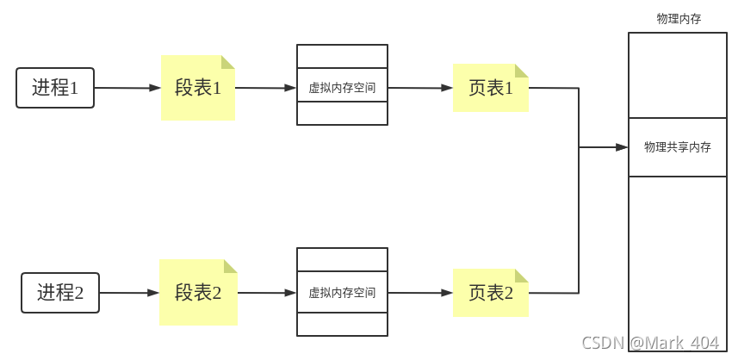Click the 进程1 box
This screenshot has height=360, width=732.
pyautogui.click(x=55, y=88)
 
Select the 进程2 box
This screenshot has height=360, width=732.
pyautogui.click(x=60, y=293)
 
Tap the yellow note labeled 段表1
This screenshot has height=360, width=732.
pyautogui.click(x=198, y=88)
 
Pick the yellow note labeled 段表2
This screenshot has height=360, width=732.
pyautogui.click(x=198, y=293)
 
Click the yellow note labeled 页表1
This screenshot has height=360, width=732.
pyautogui.click(x=490, y=88)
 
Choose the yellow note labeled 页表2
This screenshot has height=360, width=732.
pyautogui.click(x=490, y=293)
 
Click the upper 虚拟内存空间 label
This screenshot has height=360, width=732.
pyautogui.click(x=342, y=88)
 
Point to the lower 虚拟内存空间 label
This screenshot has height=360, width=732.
pyautogui.click(x=342, y=293)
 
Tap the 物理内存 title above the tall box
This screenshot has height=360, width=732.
pyautogui.click(x=678, y=19)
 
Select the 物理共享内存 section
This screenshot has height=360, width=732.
pyautogui.click(x=678, y=147)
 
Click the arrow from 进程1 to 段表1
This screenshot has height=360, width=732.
pyautogui.click(x=127, y=88)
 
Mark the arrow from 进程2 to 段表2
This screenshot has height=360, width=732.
pyautogui.click(x=129, y=293)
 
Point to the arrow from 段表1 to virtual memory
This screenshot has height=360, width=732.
pyautogui.click(x=265, y=88)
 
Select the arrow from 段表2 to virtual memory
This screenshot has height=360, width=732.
pyautogui.click(x=267, y=293)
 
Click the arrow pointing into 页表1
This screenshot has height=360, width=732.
pyautogui.click(x=420, y=88)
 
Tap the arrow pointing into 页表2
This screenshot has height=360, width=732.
pyautogui.click(x=420, y=293)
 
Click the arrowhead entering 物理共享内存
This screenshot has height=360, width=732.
pyautogui.click(x=622, y=147)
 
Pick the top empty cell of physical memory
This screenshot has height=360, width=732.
pyautogui.click(x=678, y=75)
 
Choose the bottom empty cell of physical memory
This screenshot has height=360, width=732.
pyautogui.click(x=678, y=258)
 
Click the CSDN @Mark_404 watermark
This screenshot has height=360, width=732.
pyautogui.click(x=650, y=343)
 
